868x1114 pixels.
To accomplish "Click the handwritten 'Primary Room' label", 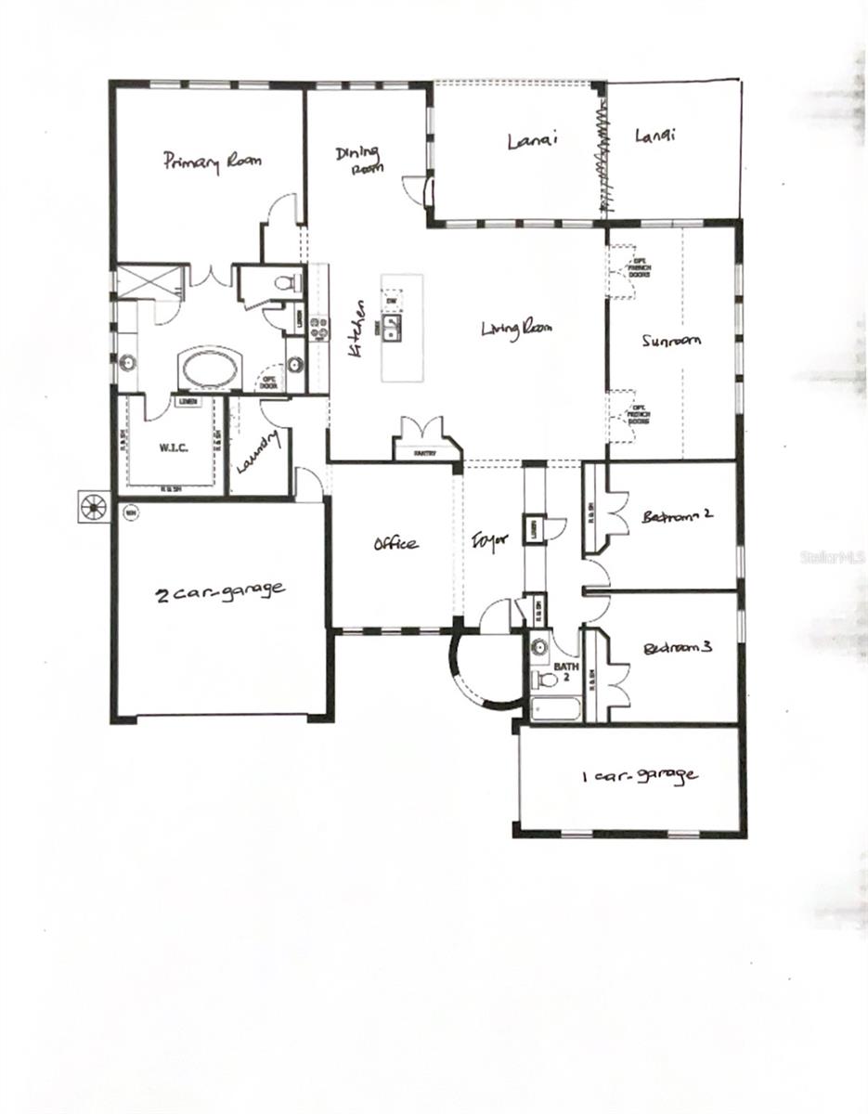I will [213, 161].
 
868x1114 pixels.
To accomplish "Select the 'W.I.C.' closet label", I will [174, 448].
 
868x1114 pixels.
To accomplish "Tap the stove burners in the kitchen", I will [318, 326].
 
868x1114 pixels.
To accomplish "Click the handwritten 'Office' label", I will [395, 544].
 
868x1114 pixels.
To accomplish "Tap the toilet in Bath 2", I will [547, 680].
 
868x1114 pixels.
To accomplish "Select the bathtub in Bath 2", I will [554, 710].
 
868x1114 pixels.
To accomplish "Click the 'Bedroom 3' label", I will [677, 648].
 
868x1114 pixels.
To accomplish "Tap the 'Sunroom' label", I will [669, 341].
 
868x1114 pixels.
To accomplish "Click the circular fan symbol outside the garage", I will [93, 507].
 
